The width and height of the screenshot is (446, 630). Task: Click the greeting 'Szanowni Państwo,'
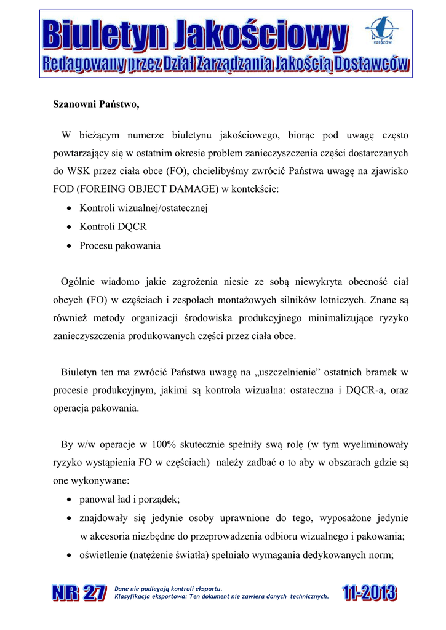coord(95,105)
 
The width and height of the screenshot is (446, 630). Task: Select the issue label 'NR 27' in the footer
coord(79,594)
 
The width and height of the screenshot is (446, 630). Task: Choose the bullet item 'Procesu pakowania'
coord(120,245)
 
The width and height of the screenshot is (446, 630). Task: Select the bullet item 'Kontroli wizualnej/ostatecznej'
coord(144,208)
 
